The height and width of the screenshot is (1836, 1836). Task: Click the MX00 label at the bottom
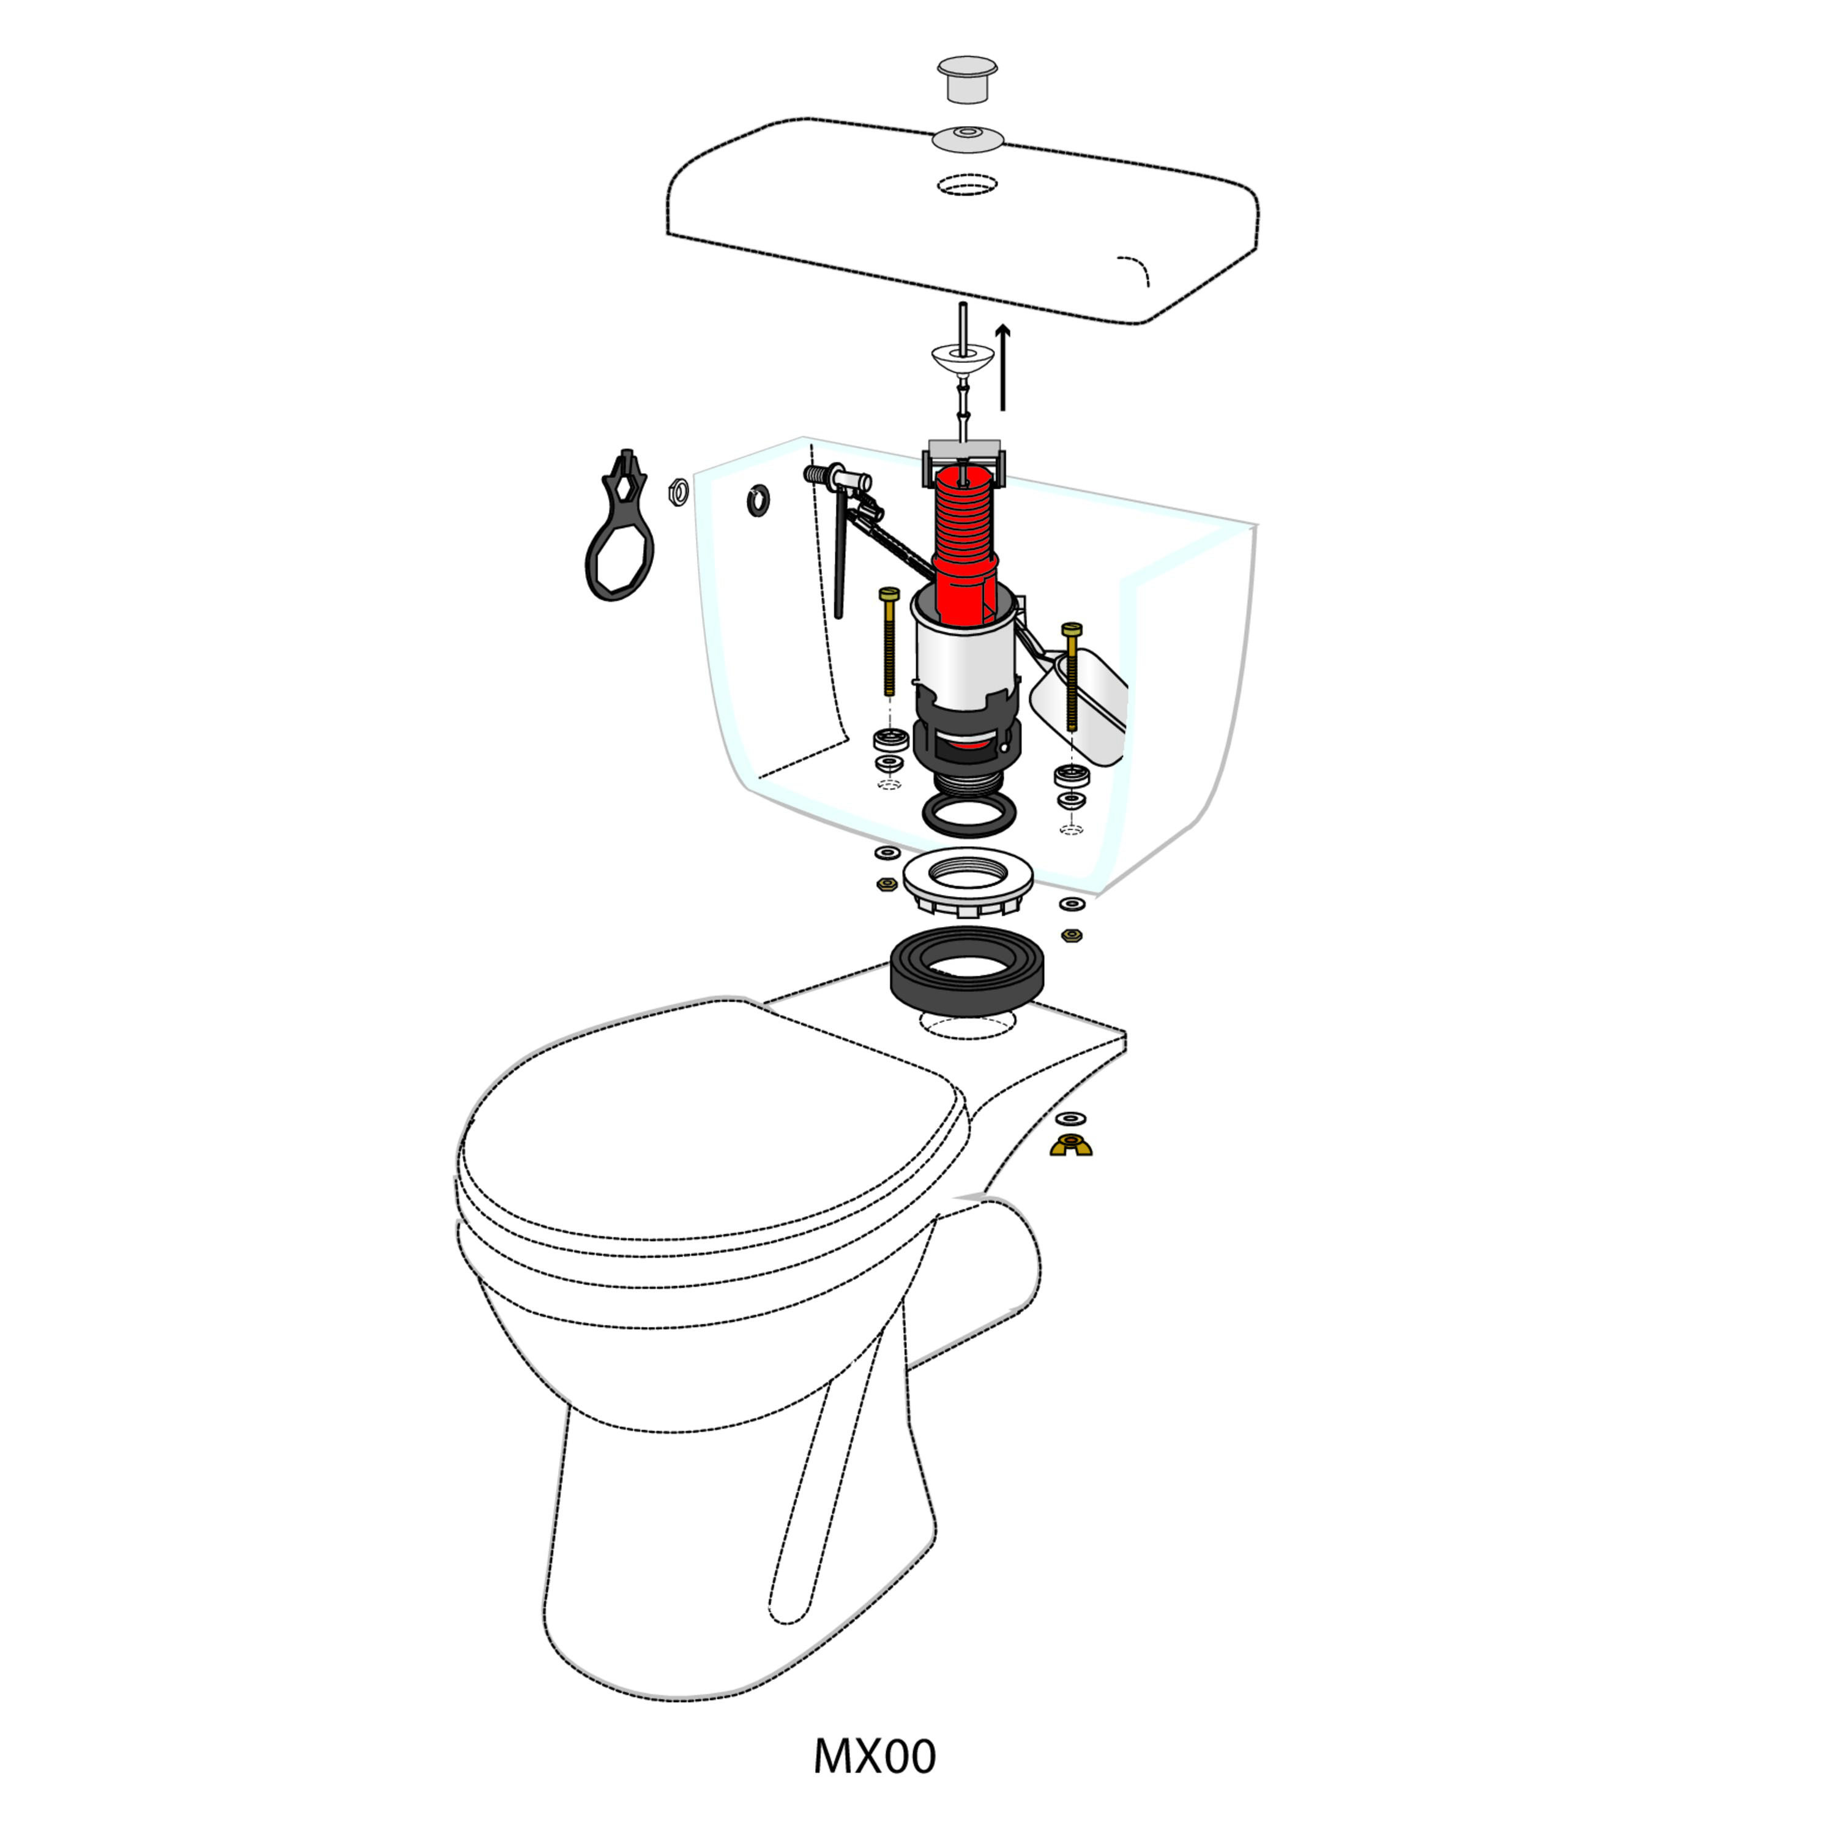pyautogui.click(x=875, y=1756)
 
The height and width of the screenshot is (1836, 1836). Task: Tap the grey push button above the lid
pyautogui.click(x=968, y=78)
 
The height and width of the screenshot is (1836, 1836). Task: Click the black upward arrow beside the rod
pyautogui.click(x=1002, y=368)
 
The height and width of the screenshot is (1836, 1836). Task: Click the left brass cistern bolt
pyautogui.click(x=889, y=641)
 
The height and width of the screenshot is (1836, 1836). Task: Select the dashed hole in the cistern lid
pyautogui.click(x=968, y=184)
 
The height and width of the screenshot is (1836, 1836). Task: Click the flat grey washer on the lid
pyautogui.click(x=968, y=139)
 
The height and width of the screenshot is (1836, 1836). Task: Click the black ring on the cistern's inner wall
pyautogui.click(x=758, y=500)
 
